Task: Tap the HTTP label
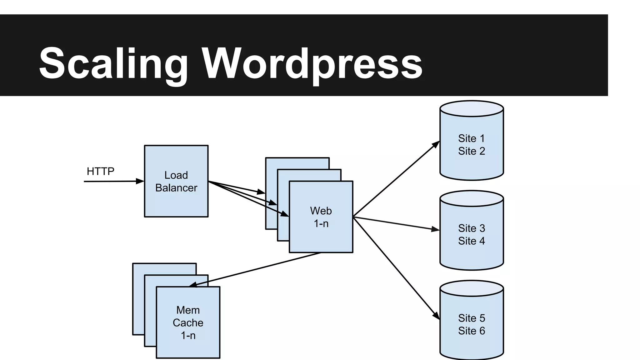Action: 100,171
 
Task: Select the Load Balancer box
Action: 176,200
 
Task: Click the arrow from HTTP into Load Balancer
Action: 112,181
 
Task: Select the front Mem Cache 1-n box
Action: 188,347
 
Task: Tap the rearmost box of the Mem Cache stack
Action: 138,300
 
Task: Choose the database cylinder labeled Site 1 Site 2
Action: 472,162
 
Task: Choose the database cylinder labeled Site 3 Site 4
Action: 472,253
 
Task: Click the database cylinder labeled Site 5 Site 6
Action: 472,344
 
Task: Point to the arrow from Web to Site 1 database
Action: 396,179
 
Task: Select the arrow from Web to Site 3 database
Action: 396,223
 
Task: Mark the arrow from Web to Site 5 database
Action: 396,268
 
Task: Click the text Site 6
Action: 472,331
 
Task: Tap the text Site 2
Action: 472,151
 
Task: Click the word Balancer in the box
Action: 176,188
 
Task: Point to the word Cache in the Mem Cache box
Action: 188,322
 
